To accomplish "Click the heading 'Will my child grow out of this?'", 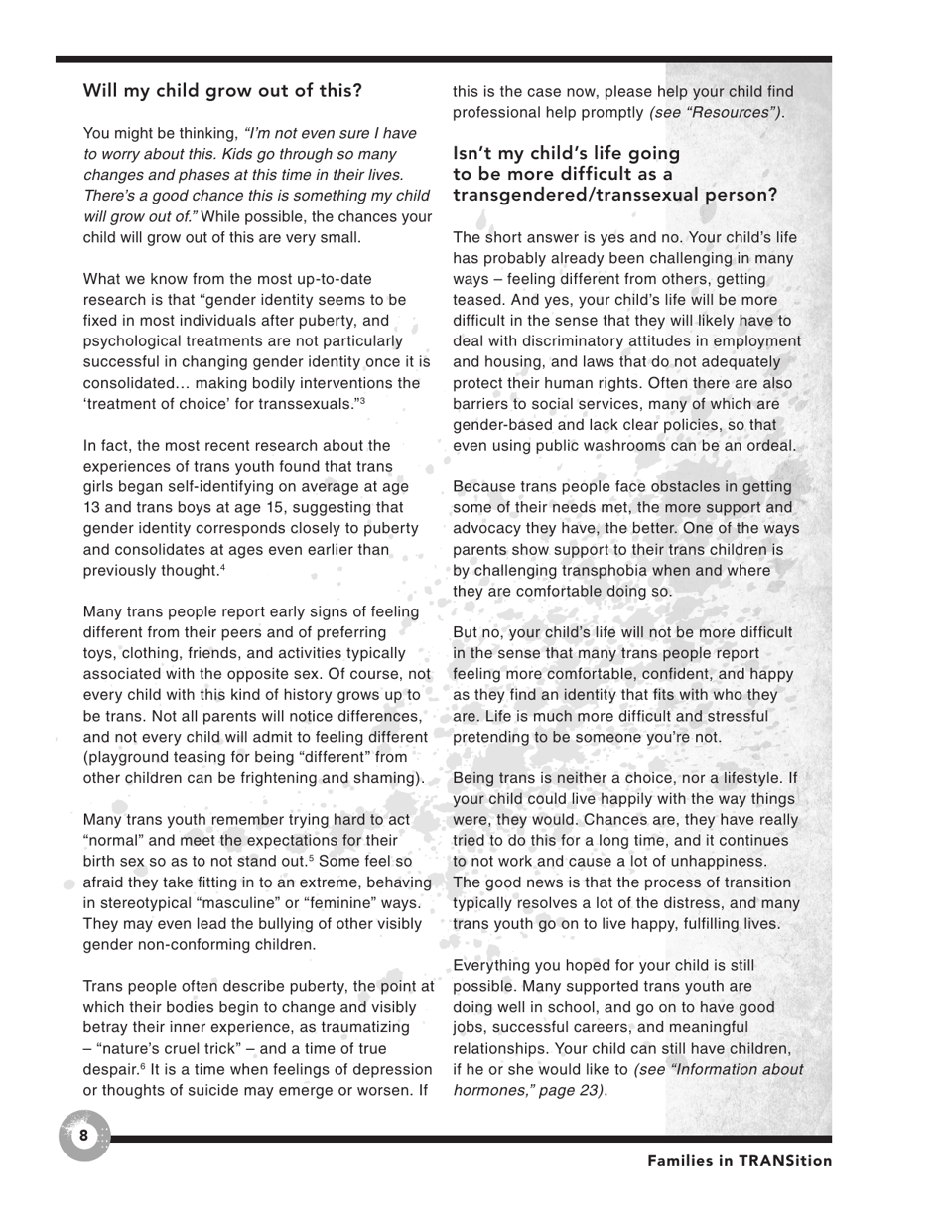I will tap(222, 91).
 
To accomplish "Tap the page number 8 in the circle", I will tap(83, 1135).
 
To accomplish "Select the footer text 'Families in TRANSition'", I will tap(740, 1161).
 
